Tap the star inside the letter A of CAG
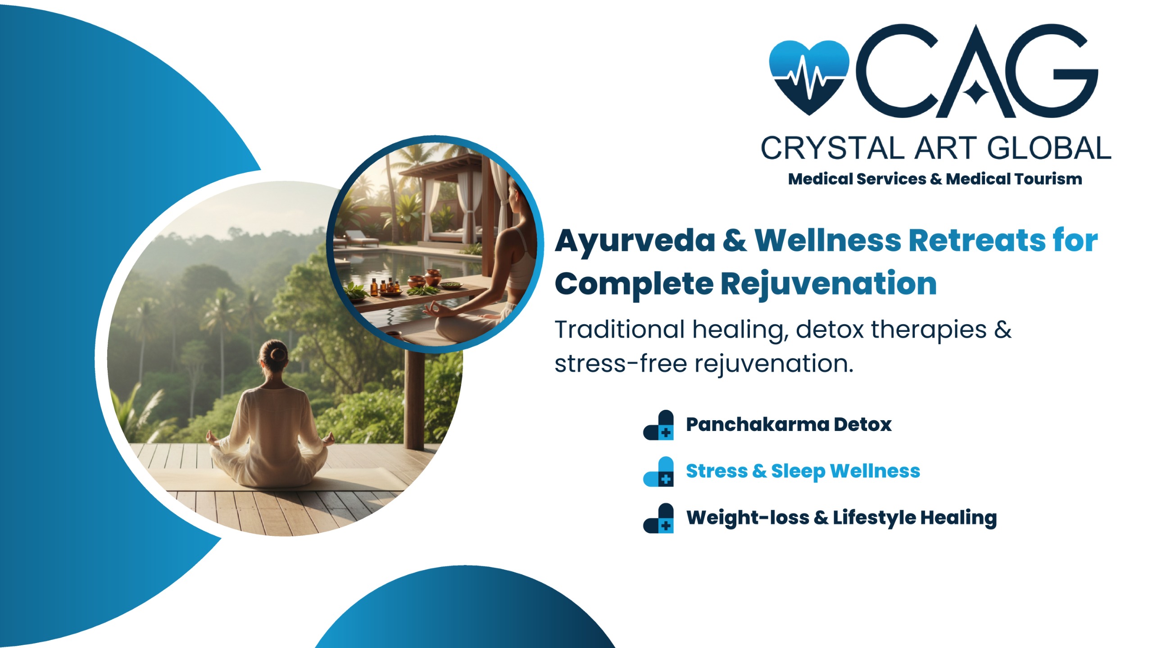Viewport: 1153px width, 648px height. click(975, 92)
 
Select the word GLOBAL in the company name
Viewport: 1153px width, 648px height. click(1049, 148)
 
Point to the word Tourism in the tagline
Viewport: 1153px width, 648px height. click(1045, 179)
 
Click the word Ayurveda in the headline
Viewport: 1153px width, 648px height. click(635, 241)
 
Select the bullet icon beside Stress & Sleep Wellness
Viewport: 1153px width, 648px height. click(658, 471)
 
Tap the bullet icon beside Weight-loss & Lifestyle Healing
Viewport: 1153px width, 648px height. click(658, 518)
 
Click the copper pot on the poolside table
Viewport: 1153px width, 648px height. click(433, 276)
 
